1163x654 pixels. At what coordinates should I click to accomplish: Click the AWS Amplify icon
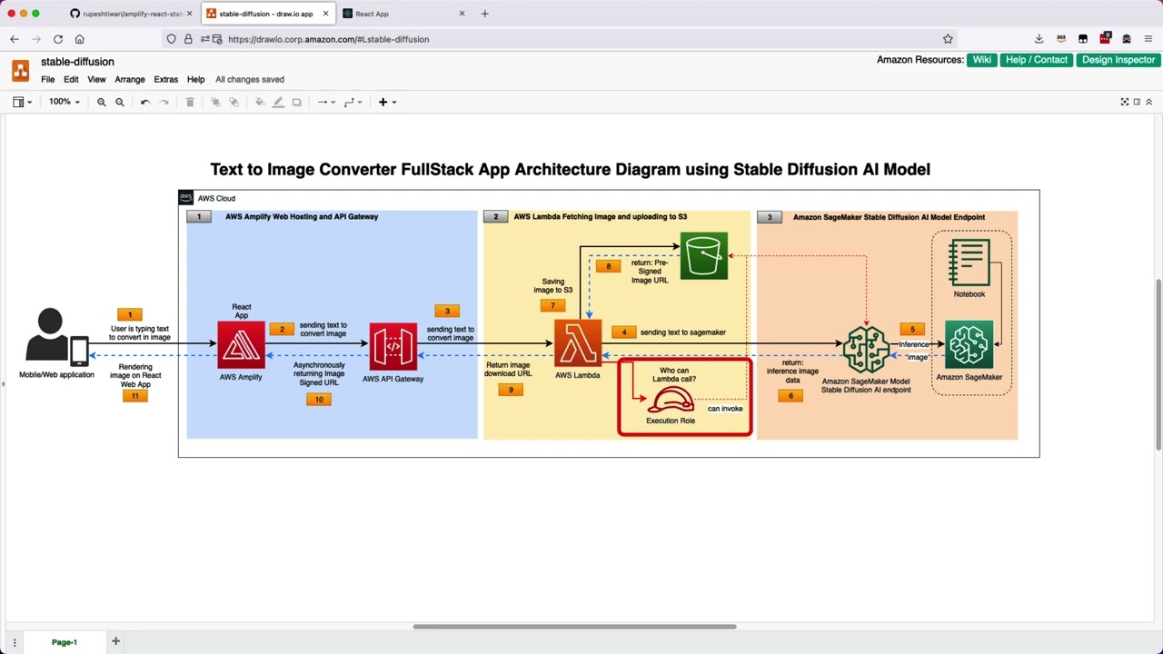point(241,345)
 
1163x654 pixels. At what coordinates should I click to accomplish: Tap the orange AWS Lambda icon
point(577,343)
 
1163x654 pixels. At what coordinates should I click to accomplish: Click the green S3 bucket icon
point(703,256)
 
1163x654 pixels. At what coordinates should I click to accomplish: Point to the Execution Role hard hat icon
point(671,400)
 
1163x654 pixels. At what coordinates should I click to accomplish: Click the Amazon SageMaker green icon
point(969,345)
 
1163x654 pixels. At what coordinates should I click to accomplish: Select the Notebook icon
point(969,263)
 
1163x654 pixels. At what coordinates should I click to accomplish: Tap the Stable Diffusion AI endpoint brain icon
point(865,350)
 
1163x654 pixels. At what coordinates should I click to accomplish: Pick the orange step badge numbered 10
point(318,399)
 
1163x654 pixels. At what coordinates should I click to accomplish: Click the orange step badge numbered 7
point(552,305)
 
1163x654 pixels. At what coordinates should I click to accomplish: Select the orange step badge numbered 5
point(912,329)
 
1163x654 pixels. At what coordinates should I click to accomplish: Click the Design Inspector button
point(1118,60)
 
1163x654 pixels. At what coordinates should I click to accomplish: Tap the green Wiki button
point(981,60)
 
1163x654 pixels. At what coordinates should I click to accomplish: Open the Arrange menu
point(129,79)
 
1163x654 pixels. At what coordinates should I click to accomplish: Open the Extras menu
point(165,79)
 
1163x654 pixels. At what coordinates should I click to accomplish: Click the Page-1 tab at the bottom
point(64,642)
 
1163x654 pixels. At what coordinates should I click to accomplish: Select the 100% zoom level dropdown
point(64,102)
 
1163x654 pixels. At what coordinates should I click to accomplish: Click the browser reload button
point(57,39)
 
